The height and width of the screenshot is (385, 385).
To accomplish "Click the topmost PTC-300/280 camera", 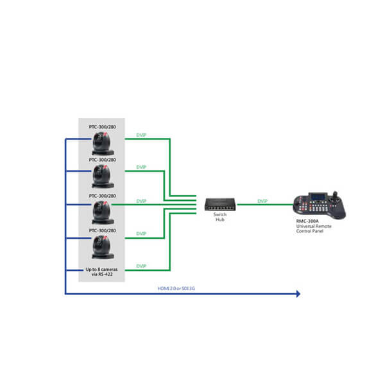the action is pos(103,143).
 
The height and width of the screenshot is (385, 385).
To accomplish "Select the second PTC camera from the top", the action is pos(103,176).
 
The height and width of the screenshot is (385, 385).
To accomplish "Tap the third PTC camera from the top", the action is pos(103,212).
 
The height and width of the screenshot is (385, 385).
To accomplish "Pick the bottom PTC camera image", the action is pos(103,247).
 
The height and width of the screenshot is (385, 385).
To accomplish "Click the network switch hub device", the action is pos(220,204).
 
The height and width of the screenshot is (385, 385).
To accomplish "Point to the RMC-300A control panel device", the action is pos(320,205).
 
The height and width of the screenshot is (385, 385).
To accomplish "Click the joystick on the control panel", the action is pos(335,197).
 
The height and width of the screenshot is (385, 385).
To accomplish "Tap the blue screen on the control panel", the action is pos(318,197).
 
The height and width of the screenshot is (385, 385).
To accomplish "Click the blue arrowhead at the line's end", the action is pos(298,294).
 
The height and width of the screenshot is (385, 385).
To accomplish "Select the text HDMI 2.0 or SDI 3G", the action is pos(176,288).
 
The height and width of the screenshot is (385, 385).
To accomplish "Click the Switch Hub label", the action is pos(220,217).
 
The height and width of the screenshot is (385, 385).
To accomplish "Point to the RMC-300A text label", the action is pos(307,221).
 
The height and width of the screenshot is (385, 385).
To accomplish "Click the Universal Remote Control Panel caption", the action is pos(314,228).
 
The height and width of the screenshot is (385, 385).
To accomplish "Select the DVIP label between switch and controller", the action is pos(262,201).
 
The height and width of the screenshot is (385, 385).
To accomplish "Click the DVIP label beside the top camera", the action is pos(141,135).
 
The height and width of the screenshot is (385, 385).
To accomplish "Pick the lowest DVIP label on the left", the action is pos(141,266).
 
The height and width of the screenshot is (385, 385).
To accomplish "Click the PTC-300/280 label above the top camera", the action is pos(103,127).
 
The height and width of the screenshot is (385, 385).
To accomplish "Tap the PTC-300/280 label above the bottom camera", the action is pos(103,230).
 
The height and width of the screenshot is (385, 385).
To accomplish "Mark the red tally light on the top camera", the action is pos(106,134).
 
